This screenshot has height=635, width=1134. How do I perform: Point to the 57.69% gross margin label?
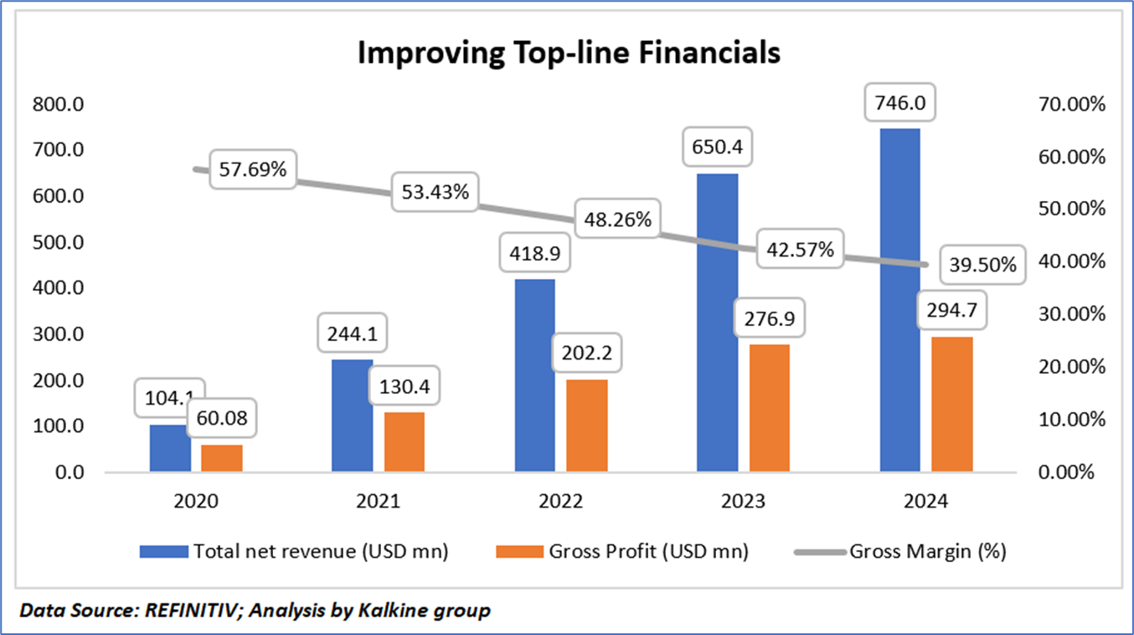click(252, 169)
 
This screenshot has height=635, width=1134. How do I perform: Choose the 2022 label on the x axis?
click(561, 502)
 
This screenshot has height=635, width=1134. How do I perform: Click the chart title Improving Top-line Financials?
click(569, 53)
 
